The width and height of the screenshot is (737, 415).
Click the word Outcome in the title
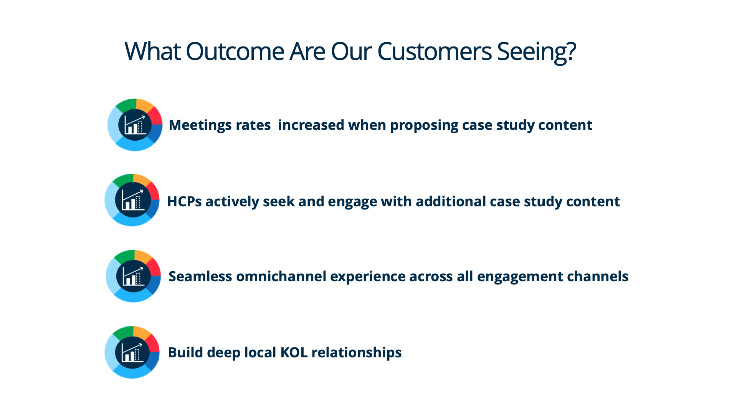click(235, 51)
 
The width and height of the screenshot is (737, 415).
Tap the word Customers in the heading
click(434, 51)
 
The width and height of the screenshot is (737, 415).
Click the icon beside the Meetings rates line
click(135, 124)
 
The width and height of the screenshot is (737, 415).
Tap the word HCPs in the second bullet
click(185, 201)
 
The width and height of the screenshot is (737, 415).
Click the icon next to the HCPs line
click(132, 200)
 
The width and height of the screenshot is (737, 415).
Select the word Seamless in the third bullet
click(200, 276)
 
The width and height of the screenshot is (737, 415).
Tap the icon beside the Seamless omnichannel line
click(133, 276)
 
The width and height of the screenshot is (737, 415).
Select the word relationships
click(357, 353)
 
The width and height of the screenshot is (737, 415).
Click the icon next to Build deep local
click(132, 352)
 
